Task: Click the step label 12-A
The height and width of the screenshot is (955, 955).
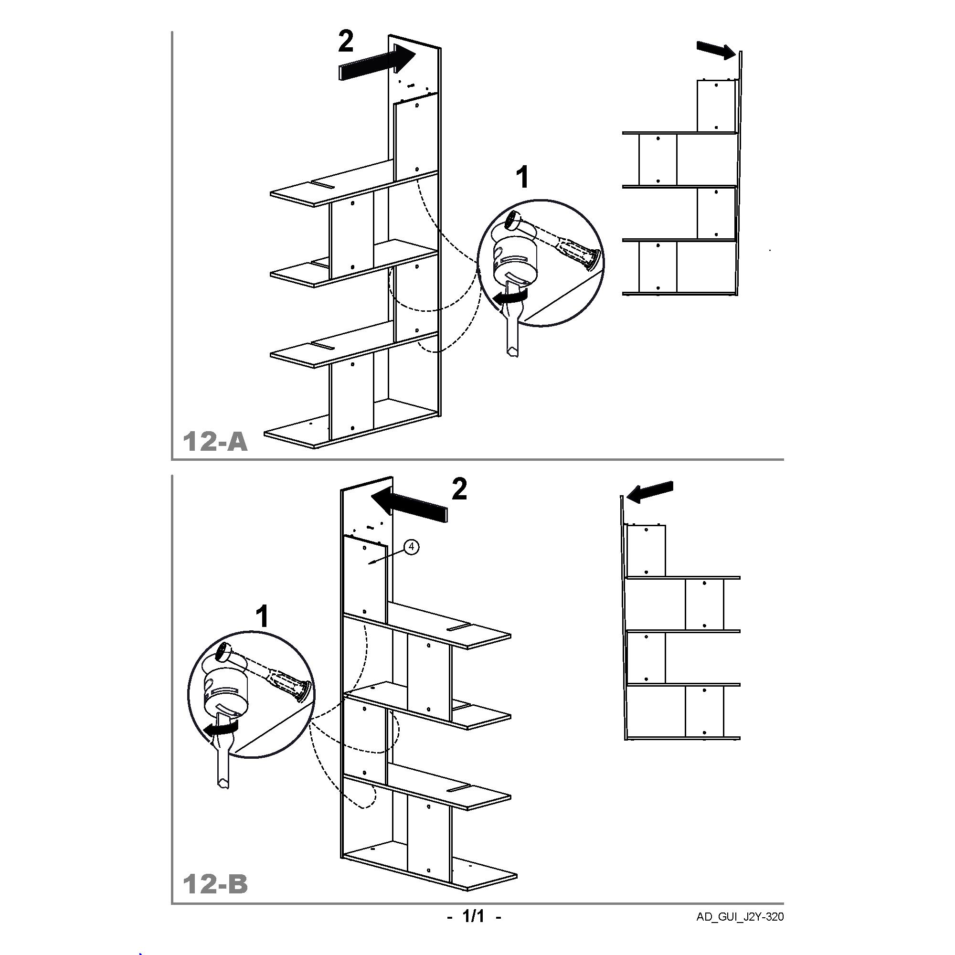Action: coord(215,441)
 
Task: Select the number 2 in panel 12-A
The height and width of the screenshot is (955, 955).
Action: coord(346,41)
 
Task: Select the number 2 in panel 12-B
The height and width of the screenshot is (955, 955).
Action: coord(459,489)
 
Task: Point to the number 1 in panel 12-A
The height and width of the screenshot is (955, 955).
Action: coord(522,178)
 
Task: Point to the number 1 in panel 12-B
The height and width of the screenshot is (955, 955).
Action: coord(262,617)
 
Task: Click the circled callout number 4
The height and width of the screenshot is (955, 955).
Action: coord(412,547)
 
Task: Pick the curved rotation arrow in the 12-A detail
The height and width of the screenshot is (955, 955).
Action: coord(512,297)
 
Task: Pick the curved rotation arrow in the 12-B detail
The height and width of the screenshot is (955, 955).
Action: coord(222,728)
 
